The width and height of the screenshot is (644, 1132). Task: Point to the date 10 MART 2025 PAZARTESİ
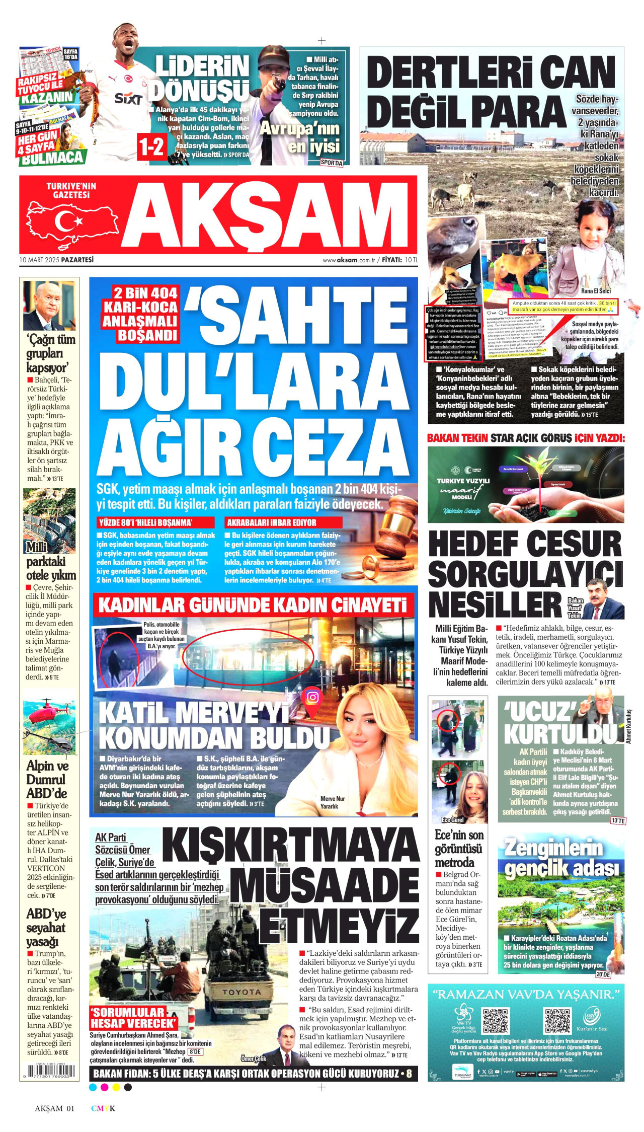[x=56, y=260]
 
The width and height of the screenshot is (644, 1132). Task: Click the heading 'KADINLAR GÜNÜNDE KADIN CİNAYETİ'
[x=253, y=605]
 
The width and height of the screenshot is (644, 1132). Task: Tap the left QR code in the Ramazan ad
[x=496, y=1020]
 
